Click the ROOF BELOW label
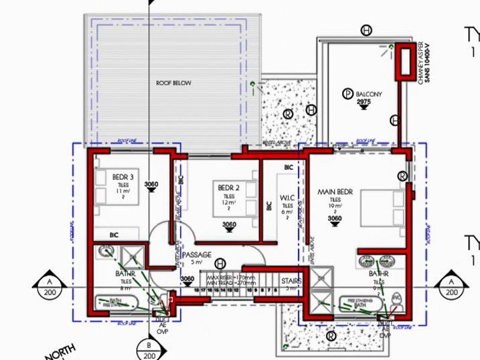click(x=173, y=83)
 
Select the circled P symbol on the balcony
click(x=346, y=93)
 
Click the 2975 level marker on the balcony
click(x=364, y=103)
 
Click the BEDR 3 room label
click(x=122, y=177)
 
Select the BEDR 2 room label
click(x=229, y=188)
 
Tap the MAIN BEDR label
click(x=335, y=192)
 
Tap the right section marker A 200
click(x=451, y=287)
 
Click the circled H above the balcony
click(x=366, y=30)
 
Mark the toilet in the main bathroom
click(x=396, y=298)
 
